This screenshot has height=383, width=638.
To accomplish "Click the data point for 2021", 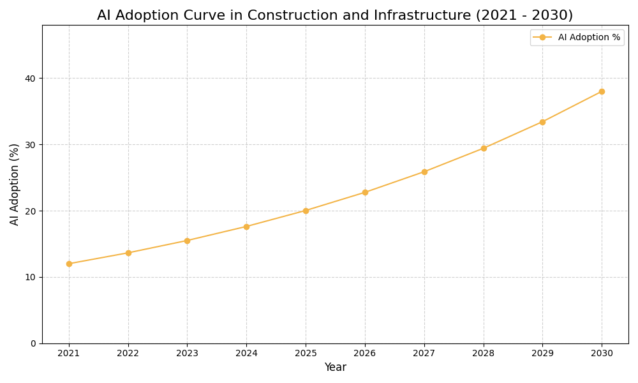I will (x=69, y=264).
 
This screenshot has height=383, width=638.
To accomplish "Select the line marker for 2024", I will (x=246, y=227).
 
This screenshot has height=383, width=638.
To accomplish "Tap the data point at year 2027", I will (x=424, y=172).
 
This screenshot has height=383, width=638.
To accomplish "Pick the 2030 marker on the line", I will (x=602, y=91).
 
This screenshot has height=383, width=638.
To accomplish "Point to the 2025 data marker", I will (x=306, y=211).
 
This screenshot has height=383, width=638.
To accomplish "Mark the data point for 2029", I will (x=542, y=122).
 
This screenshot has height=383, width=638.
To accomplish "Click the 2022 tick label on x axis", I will (x=128, y=353).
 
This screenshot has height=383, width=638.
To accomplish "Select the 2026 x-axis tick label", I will (x=365, y=353).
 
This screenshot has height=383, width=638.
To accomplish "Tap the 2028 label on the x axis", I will (x=484, y=353).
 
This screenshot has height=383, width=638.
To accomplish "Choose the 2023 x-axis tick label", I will (x=187, y=353).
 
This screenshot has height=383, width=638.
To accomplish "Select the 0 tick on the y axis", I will (x=33, y=343).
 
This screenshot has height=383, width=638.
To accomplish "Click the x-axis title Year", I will (x=335, y=368).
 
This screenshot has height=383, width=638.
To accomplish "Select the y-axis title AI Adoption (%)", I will (x=15, y=184).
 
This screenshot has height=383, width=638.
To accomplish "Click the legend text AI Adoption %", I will (x=589, y=38).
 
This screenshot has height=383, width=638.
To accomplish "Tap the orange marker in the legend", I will (x=542, y=38).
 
